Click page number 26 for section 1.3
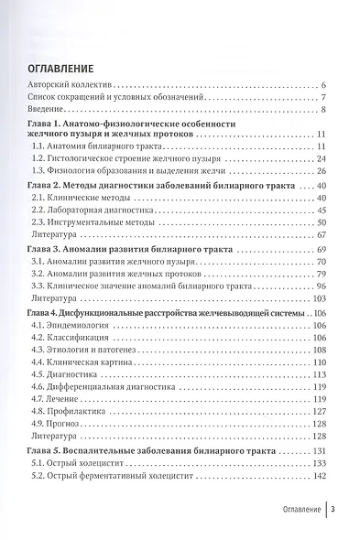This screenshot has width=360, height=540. click(322, 170)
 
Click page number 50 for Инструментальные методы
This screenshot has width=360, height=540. click(322, 221)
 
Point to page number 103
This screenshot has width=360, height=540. click(320, 298)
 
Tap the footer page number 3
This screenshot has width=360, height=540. click(334, 511)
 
